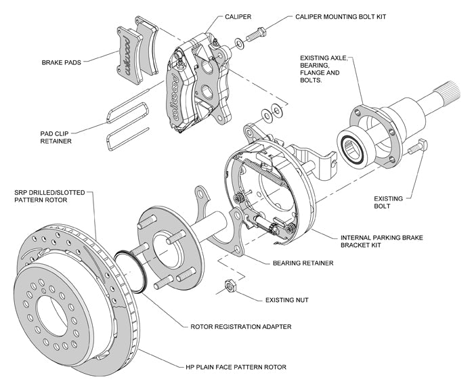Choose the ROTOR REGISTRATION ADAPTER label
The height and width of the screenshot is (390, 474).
(x=240, y=326)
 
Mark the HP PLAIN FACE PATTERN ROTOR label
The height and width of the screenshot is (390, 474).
(x=234, y=366)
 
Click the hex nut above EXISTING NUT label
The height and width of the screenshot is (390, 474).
(x=230, y=286)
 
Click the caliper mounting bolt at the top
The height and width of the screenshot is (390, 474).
(x=258, y=31)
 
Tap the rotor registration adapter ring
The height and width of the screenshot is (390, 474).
(x=128, y=268)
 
